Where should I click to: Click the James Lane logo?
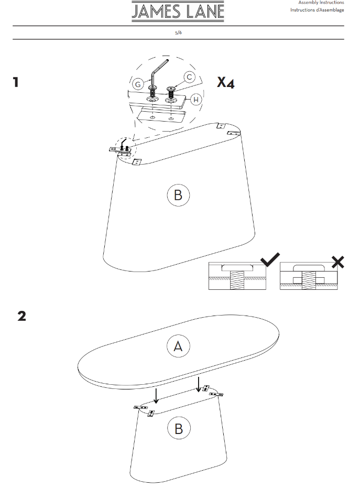(178, 12)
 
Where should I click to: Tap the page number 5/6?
(178, 32)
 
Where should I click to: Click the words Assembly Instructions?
(321, 3)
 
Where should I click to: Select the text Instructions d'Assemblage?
(317, 10)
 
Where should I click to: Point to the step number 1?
(16, 82)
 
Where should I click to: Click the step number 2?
(22, 316)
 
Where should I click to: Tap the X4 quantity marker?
(225, 82)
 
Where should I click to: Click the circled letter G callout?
(138, 84)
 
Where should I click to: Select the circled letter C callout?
(189, 77)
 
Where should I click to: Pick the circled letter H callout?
(196, 100)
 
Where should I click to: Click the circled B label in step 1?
(178, 195)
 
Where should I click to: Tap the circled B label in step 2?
(179, 429)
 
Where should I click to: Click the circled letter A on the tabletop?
(178, 346)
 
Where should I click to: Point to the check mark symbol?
(270, 259)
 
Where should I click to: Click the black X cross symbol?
(338, 262)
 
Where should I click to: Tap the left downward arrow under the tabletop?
(156, 395)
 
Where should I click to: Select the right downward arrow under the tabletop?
(199, 384)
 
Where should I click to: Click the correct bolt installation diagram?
(237, 276)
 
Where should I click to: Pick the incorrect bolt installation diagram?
(309, 276)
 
